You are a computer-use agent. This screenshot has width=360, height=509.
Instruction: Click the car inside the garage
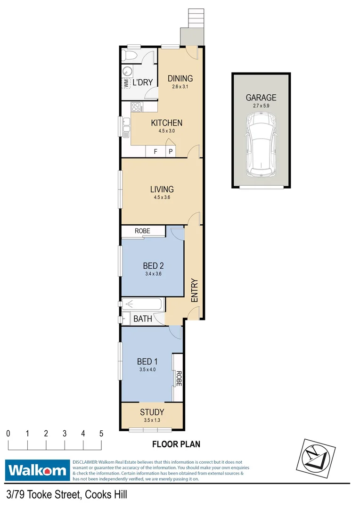pyautogui.click(x=261, y=146)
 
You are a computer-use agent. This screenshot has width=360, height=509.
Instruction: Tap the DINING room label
pyautogui.click(x=180, y=79)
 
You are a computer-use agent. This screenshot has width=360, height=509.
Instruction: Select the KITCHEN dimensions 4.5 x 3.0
pyautogui.click(x=166, y=131)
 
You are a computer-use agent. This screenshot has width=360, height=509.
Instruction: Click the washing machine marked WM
pyautogui.click(x=126, y=82)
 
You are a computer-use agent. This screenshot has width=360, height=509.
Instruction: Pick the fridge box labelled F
pyautogui.click(x=155, y=151)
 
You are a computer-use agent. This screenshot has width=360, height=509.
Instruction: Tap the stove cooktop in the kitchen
pyautogui.click(x=137, y=107)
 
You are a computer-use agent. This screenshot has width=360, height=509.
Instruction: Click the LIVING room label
pyautogui.click(x=162, y=189)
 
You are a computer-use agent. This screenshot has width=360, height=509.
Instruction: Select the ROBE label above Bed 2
pyautogui.click(x=142, y=231)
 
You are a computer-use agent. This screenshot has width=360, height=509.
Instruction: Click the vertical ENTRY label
pyautogui.click(x=194, y=291)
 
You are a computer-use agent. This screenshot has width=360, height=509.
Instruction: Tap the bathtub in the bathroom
pyautogui.click(x=142, y=304)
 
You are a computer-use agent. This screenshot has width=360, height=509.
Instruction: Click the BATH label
pyautogui.click(x=142, y=319)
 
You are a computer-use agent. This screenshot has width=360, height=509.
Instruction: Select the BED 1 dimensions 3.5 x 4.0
pyautogui.click(x=147, y=369)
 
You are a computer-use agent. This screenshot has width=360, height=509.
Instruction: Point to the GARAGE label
pyautogui.click(x=261, y=98)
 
